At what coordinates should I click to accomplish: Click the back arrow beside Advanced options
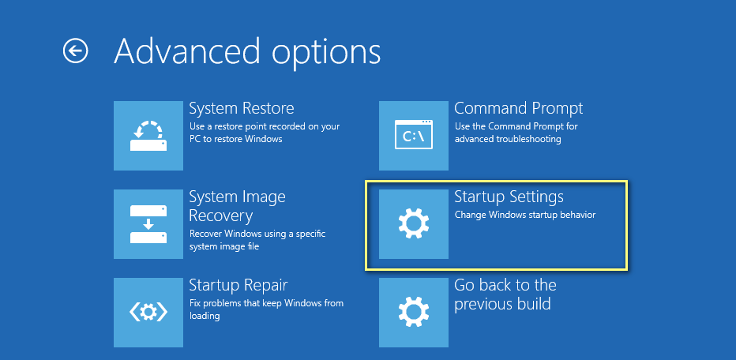75,51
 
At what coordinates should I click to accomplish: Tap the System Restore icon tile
148,136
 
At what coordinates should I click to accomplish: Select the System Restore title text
242,108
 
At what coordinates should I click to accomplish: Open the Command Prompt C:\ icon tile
414,136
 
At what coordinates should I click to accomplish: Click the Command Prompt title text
518,108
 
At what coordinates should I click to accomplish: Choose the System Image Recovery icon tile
148,224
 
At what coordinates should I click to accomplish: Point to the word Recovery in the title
220,216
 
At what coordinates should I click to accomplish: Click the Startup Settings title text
509,197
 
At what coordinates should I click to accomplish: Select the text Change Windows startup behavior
525,215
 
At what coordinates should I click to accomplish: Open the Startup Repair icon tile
148,312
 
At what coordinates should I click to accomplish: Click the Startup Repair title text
238,285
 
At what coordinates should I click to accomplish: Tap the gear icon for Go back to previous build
414,312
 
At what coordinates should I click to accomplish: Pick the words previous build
502,304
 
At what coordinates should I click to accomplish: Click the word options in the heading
327,51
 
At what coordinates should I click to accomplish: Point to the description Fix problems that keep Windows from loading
266,309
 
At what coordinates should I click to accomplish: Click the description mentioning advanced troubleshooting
516,133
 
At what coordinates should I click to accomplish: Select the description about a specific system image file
257,240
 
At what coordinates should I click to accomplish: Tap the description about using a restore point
265,133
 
